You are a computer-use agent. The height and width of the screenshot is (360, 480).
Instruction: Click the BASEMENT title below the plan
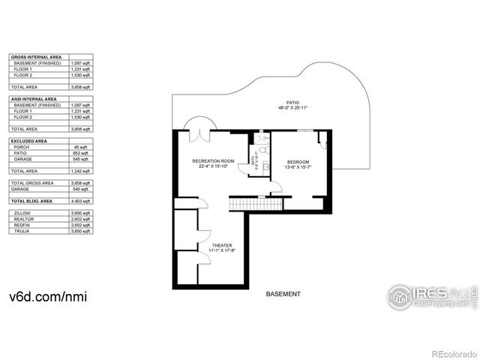[283, 294]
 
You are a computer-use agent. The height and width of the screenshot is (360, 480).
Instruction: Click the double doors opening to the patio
[199, 132]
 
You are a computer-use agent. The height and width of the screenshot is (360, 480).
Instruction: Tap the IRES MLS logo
[430, 296]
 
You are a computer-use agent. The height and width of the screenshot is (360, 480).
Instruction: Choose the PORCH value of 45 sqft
[82, 146]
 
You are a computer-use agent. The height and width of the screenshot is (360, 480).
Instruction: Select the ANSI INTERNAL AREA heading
[33, 99]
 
